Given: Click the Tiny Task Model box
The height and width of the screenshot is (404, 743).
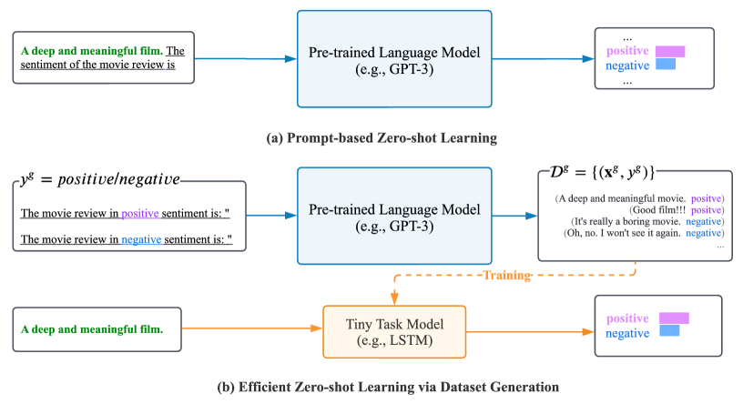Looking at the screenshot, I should [x=394, y=332].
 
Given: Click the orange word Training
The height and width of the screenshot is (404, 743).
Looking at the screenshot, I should [x=506, y=275].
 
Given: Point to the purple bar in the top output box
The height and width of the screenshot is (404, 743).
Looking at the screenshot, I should [x=669, y=52].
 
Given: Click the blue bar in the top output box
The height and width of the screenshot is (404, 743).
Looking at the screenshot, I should [x=666, y=66].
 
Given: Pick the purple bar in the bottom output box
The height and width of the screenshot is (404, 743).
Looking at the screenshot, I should [x=673, y=318].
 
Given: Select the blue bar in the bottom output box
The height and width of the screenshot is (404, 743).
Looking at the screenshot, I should [x=669, y=332].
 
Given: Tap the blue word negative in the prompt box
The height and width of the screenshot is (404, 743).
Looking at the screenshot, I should [x=140, y=239].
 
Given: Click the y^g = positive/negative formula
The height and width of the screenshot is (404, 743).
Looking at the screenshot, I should [x=100, y=179].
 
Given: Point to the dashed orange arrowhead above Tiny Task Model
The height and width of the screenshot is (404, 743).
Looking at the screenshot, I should [x=394, y=298].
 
